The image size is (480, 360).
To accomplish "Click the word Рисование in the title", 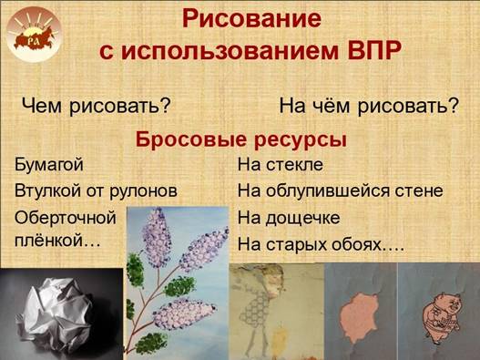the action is [x=251, y=19].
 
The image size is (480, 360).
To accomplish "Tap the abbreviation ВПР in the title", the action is [x=374, y=50].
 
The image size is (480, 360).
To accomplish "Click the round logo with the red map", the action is [x=34, y=35].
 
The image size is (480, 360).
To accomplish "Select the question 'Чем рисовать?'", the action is [x=96, y=107].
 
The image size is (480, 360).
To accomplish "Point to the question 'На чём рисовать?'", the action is [x=370, y=106].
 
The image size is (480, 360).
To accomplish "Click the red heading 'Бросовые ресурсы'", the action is [x=241, y=139].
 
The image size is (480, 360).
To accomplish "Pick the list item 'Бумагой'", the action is [x=49, y=165].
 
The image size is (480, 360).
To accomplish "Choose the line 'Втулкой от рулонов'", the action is [x=96, y=191].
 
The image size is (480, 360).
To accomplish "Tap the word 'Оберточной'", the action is [x=66, y=218].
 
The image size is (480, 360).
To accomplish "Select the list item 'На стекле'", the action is [x=281, y=165].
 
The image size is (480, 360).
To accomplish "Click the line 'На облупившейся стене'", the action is [x=341, y=190].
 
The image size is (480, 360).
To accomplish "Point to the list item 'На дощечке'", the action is [x=289, y=218].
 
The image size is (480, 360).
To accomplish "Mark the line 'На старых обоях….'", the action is [x=321, y=244].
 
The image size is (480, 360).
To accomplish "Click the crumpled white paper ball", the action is [x=55, y=313].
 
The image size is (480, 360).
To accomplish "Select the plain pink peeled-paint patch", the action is [x=360, y=319].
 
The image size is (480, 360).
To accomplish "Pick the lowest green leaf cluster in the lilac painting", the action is [x=151, y=343].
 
